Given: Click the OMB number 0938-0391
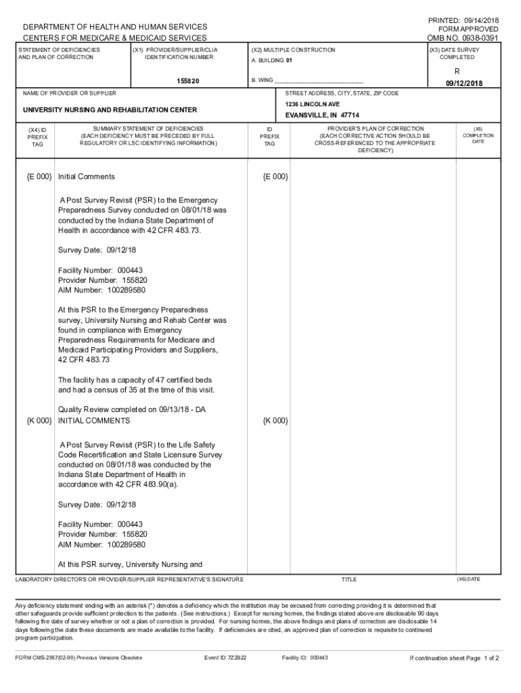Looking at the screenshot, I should tap(466, 39).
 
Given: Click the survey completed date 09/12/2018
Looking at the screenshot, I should tap(463, 83).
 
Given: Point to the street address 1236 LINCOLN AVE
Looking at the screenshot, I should tap(312, 105).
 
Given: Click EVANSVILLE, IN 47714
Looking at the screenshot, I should tap(322, 116).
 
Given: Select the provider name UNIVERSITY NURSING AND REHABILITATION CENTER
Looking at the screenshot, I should tap(110, 110).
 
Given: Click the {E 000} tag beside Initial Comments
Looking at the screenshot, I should tap(39, 177).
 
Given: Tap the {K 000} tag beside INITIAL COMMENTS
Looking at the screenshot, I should tap(39, 421).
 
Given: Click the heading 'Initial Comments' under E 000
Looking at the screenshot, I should tap(87, 177).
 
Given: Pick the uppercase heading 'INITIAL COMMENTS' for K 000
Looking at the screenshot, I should tap(94, 421).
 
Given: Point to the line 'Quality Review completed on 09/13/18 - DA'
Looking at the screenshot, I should tap(132, 409).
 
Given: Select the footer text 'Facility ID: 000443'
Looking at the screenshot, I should tap(304, 658).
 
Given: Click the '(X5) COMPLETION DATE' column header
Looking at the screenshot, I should tap(478, 135).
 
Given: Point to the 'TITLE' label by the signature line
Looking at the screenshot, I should tap(349, 580).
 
